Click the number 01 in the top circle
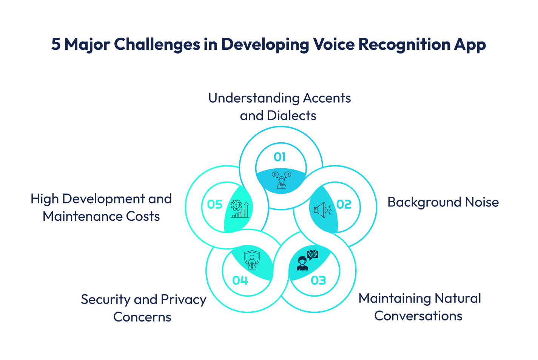pyautogui.click(x=280, y=157)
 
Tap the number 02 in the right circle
pyautogui.click(x=344, y=205)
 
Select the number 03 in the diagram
pyautogui.click(x=318, y=280)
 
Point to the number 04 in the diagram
pyautogui.click(x=240, y=280)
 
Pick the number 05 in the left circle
pyautogui.click(x=215, y=205)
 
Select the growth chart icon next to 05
pyautogui.click(x=240, y=209)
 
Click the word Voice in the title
pyautogui.click(x=334, y=44)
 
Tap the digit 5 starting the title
pyautogui.click(x=56, y=44)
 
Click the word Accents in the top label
pyautogui.click(x=327, y=98)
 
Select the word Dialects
pyautogui.click(x=291, y=115)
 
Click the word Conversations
pyautogui.click(x=418, y=316)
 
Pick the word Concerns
pyautogui.click(x=142, y=317)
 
